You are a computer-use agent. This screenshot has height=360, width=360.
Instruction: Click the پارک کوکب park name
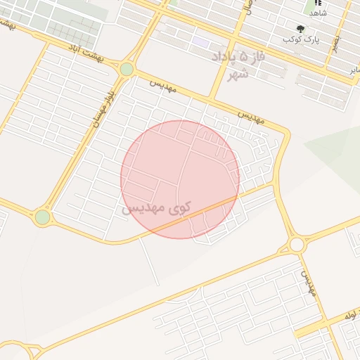pos(302,39)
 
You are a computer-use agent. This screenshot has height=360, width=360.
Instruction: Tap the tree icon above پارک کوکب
pos(301,29)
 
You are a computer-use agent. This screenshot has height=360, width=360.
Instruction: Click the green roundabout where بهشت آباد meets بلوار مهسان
pos(127,69)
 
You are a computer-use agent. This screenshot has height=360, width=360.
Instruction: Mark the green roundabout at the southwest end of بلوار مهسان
pos(43,217)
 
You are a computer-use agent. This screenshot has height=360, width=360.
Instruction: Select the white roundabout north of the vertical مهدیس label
pos(296,245)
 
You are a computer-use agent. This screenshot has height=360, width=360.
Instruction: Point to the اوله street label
pos(349,318)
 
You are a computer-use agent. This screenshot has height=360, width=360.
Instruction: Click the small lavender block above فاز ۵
pos(202,43)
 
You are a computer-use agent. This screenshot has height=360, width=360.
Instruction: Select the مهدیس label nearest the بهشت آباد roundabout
pos(166,86)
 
